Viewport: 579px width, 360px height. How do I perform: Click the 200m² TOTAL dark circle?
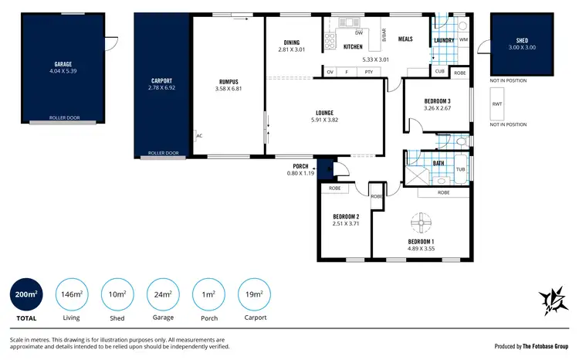[25, 294]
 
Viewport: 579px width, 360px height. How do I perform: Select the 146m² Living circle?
[71, 294]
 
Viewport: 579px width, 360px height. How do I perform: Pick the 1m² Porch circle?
[208, 294]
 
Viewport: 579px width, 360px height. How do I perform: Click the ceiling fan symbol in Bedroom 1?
[422, 223]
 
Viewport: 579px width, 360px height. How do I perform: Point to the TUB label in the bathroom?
[460, 169]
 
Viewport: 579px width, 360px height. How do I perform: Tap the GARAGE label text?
[63, 64]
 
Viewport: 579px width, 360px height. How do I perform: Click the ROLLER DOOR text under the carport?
[163, 153]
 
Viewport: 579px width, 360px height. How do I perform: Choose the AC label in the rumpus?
[199, 135]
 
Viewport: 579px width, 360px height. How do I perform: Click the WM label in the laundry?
[463, 39]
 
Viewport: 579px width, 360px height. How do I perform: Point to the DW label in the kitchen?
[359, 33]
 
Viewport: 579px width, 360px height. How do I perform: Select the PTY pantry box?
[369, 72]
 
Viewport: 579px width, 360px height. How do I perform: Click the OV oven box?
[330, 72]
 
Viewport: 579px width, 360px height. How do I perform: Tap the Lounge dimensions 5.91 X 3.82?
[324, 120]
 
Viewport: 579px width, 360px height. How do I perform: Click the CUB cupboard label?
[439, 72]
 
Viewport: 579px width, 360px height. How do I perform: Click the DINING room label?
[291, 42]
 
